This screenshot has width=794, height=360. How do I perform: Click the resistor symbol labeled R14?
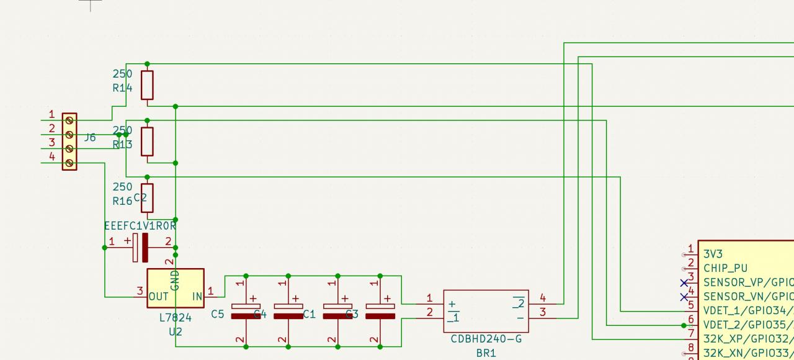pyautogui.click(x=146, y=85)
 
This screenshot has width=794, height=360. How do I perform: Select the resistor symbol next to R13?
pyautogui.click(x=146, y=142)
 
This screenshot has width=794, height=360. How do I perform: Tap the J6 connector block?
pyautogui.click(x=69, y=142)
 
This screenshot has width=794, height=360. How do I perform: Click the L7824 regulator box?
pyautogui.click(x=175, y=288)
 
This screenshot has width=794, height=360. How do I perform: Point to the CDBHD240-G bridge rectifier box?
pyautogui.click(x=486, y=311)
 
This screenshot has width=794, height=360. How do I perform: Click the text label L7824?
pyautogui.click(x=176, y=318)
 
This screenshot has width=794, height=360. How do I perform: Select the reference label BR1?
pyautogui.click(x=486, y=353)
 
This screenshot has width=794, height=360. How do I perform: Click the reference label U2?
pyautogui.click(x=176, y=332)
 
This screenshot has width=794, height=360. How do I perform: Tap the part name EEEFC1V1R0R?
pyautogui.click(x=140, y=226)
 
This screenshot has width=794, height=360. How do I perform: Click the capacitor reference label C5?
pyautogui.click(x=217, y=315)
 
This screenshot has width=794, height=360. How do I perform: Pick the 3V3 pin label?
pyautogui.click(x=713, y=254)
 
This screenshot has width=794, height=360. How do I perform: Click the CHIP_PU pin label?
pyautogui.click(x=725, y=268)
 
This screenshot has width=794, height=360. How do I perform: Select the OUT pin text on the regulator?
pyautogui.click(x=159, y=297)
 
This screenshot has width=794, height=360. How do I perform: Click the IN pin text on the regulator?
pyautogui.click(x=197, y=297)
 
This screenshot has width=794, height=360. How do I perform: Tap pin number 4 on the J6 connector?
pyautogui.click(x=51, y=157)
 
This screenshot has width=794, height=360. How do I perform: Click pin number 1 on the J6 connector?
pyautogui.click(x=51, y=114)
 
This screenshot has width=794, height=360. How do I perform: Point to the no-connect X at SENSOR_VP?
pyautogui.click(x=684, y=282)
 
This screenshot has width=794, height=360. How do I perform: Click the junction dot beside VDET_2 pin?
pyautogui.click(x=684, y=325)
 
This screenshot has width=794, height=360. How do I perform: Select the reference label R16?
pyautogui.click(x=122, y=201)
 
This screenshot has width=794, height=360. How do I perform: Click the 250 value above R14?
pyautogui.click(x=122, y=74)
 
